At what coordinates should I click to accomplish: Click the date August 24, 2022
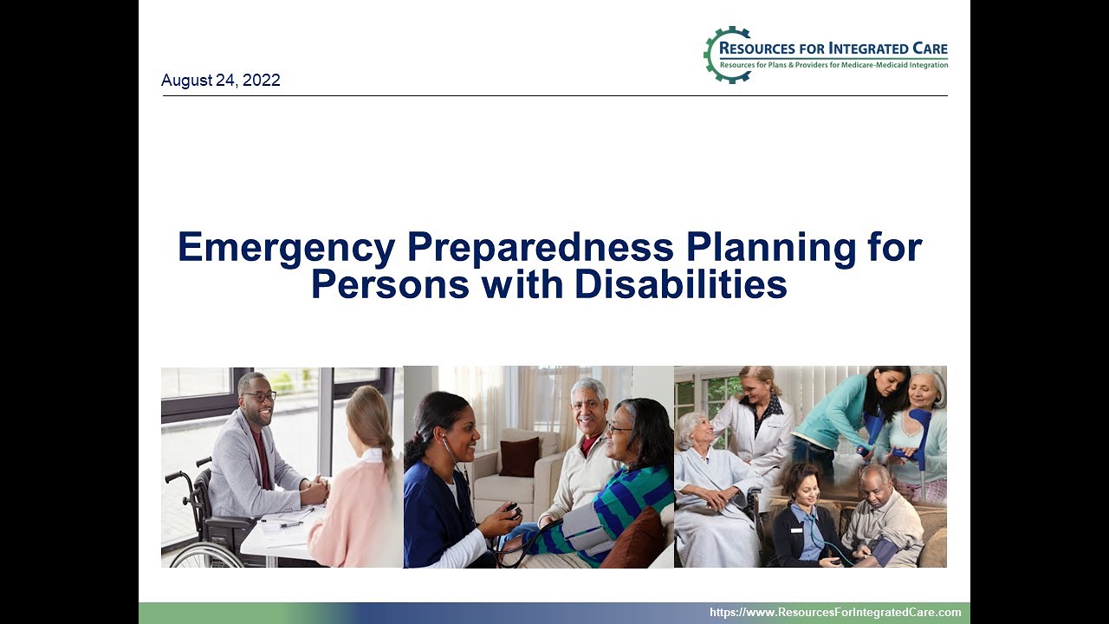click(x=220, y=81)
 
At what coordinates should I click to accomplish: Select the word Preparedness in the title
click(x=540, y=248)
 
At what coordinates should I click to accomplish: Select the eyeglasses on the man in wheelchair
click(x=260, y=397)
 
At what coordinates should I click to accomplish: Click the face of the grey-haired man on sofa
click(x=588, y=405)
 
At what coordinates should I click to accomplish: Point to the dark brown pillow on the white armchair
click(x=519, y=457)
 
